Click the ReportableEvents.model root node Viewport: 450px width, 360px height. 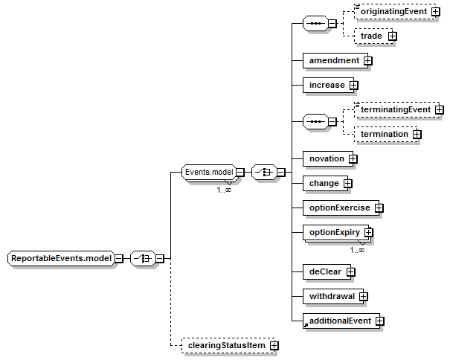(x=61, y=258)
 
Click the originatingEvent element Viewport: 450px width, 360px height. (x=395, y=12)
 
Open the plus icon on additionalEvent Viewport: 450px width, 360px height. (x=379, y=321)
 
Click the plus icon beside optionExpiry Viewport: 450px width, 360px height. (x=368, y=232)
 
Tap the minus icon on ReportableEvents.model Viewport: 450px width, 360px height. (x=119, y=259)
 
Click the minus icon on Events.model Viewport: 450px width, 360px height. (x=240, y=173)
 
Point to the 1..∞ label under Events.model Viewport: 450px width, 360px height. (x=224, y=190)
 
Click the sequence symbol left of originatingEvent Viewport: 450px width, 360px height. (x=315, y=24)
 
